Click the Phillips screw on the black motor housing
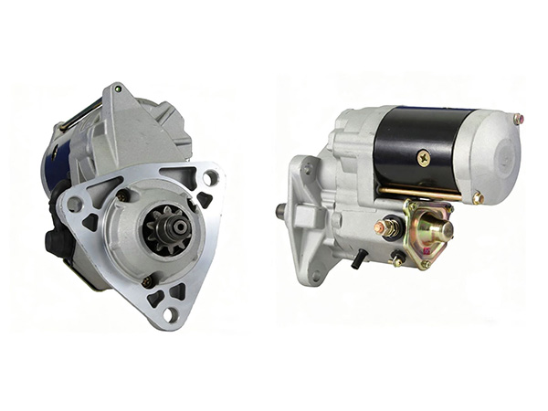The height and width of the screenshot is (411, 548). point(423,157)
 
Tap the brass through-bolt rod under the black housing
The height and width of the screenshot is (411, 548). point(420,193)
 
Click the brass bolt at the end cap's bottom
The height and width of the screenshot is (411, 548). point(477,197)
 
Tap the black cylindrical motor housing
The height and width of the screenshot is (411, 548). point(420,146)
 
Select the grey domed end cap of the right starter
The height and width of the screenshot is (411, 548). point(498,155)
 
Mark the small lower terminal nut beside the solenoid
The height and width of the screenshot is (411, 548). point(397,261)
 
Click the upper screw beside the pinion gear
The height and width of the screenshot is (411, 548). point(123,195)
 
